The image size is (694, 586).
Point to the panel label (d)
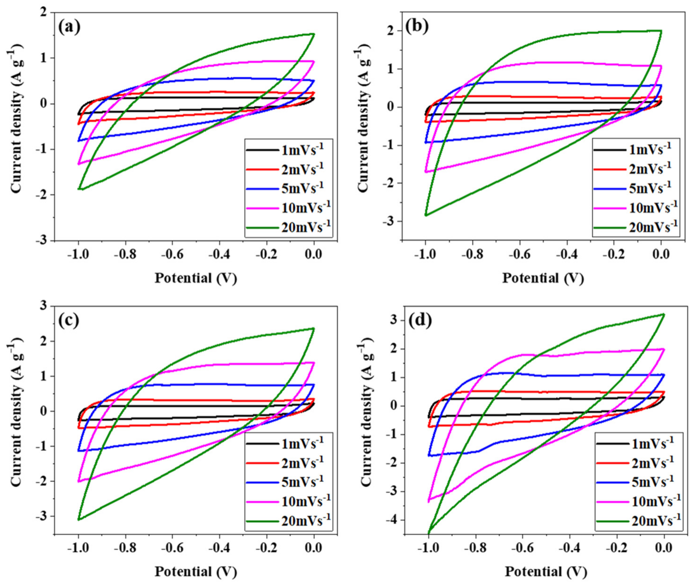click(x=419, y=320)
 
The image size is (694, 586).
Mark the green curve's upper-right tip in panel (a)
click(x=313, y=34)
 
